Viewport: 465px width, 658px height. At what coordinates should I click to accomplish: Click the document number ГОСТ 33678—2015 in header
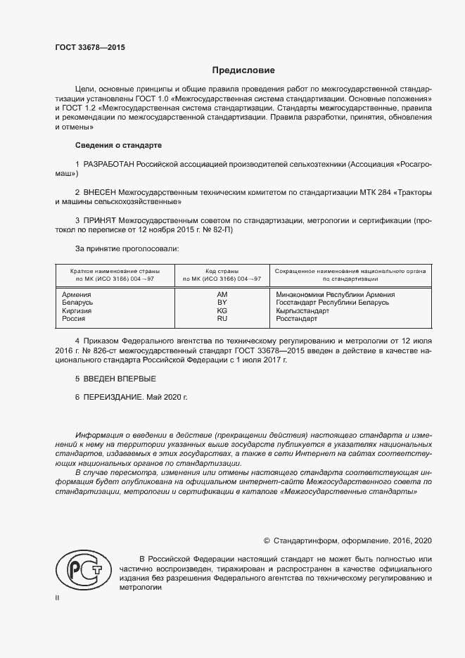89,48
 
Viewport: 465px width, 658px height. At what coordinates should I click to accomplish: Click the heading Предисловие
243,70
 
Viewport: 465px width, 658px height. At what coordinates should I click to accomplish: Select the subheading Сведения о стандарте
118,145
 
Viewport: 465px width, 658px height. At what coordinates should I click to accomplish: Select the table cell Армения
76,294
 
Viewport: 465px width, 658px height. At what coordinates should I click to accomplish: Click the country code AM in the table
222,294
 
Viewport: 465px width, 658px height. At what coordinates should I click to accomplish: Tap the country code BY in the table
222,302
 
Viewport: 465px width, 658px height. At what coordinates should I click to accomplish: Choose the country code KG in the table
222,310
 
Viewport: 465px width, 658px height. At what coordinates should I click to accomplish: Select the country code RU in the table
222,318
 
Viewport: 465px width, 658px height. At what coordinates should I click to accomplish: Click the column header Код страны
222,271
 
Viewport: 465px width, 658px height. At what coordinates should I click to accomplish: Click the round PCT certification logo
83,570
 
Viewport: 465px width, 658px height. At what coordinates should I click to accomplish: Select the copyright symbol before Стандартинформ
267,540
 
